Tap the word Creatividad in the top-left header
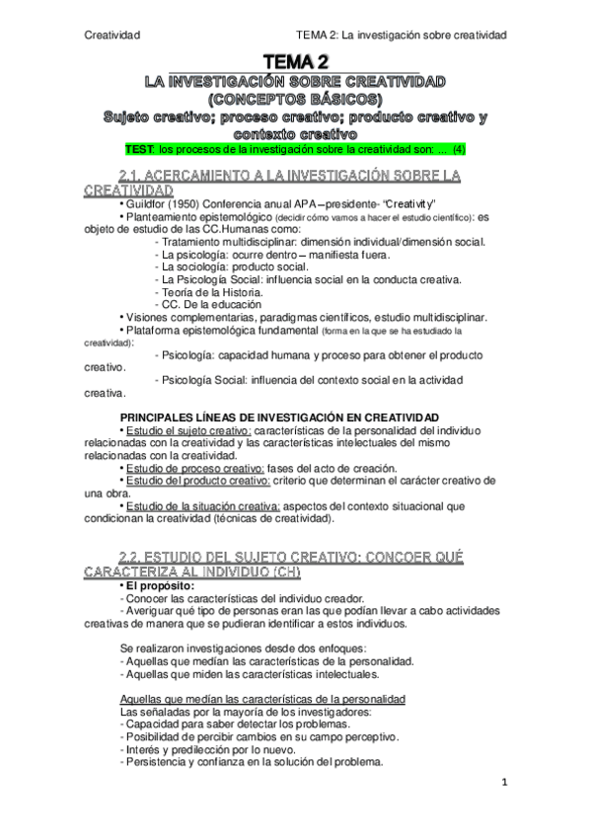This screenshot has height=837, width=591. tap(112, 35)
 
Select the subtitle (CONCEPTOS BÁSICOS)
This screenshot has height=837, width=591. tap(296, 100)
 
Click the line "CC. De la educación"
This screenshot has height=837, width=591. tap(204, 305)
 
